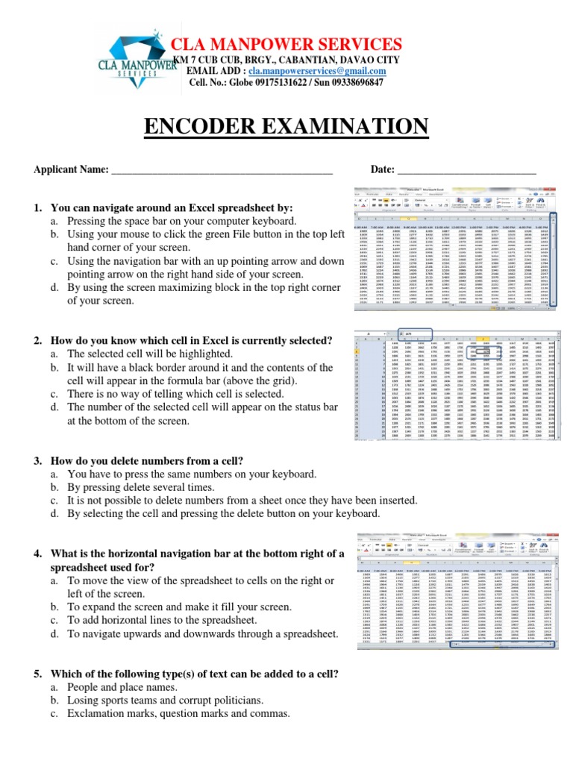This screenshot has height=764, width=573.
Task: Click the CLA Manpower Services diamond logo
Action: click(131, 60)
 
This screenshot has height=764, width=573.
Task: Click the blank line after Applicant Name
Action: click(221, 171)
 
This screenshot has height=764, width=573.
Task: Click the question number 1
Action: click(37, 207)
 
